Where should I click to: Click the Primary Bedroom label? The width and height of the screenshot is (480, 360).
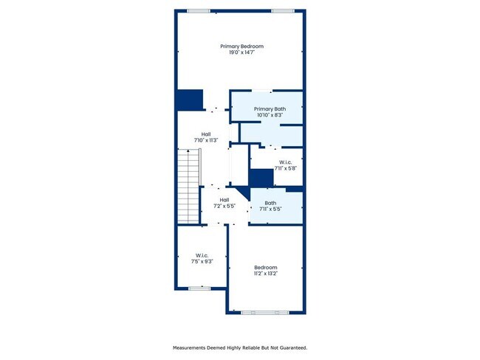pyautogui.click(x=241, y=46)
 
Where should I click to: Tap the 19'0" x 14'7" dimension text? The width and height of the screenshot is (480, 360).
pyautogui.click(x=241, y=52)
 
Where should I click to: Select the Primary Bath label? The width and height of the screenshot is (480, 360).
pyautogui.click(x=270, y=109)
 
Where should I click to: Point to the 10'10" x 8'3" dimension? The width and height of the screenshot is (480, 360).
pyautogui.click(x=270, y=115)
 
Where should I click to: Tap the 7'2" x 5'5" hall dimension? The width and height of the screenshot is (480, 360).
pyautogui.click(x=223, y=205)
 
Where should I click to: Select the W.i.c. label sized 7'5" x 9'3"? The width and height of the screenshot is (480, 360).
pyautogui.click(x=202, y=255)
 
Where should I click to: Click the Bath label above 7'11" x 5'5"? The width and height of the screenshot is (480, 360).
pyautogui.click(x=270, y=204)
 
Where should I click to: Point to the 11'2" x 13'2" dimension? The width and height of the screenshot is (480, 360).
pyautogui.click(x=266, y=273)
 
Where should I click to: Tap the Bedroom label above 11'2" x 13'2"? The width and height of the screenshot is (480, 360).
pyautogui.click(x=266, y=267)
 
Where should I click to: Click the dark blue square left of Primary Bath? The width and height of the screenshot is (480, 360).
pyautogui.click(x=189, y=100)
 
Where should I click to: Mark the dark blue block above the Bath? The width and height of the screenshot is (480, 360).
pyautogui.click(x=261, y=179)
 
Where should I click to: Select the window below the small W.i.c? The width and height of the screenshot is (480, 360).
pyautogui.click(x=199, y=288)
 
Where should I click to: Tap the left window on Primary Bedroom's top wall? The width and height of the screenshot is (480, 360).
pyautogui.click(x=197, y=10)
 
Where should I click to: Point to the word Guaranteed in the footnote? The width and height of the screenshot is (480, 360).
pyautogui.click(x=290, y=347)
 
